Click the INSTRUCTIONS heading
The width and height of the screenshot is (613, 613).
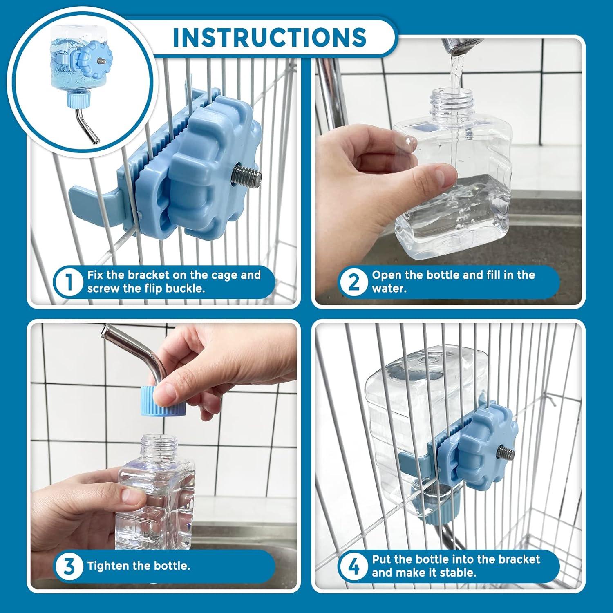269,37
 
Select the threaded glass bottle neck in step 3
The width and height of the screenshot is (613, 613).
160,447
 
